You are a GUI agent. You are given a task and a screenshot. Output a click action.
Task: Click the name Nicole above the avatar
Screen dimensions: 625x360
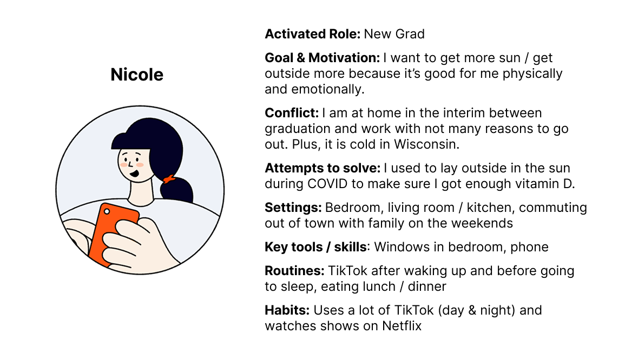click(137, 75)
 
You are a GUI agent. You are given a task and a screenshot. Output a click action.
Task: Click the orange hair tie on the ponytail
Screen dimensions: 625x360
click(169, 179)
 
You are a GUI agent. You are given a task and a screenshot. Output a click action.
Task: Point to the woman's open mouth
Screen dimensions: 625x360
click(135, 173)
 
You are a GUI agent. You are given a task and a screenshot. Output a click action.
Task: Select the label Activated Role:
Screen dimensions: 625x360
click(313, 34)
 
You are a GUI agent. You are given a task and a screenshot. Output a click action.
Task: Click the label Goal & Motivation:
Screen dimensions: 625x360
click(323, 58)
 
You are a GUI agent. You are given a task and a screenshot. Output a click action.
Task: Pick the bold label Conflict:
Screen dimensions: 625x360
click(292, 112)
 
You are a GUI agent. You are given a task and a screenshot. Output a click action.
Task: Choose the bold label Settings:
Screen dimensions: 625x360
click(293, 208)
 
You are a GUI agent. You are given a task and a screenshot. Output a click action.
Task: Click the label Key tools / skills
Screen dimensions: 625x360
click(315, 247)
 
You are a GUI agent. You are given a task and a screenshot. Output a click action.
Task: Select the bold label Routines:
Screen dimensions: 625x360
click(294, 271)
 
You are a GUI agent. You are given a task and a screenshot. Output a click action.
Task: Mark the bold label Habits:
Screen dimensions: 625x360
click(287, 310)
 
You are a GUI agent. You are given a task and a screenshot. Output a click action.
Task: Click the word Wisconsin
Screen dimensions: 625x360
click(426, 144)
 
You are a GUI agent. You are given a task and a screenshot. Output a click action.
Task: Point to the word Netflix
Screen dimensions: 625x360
click(402, 326)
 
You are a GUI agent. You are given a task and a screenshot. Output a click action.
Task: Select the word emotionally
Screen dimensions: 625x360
click(328, 89)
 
